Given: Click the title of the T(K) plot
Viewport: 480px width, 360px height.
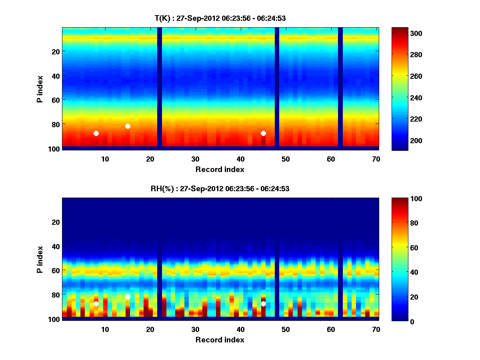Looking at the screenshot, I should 220,18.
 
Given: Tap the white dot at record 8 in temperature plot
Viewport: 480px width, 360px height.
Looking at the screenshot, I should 96,133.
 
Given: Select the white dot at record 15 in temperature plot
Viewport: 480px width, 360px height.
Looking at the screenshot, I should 128,126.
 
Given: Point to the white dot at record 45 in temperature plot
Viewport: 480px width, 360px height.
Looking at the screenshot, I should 263,133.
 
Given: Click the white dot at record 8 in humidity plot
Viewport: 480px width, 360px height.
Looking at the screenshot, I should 96,304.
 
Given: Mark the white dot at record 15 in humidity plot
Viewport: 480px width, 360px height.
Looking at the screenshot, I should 128,296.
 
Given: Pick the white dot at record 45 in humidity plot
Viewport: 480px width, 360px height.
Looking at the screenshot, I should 263,304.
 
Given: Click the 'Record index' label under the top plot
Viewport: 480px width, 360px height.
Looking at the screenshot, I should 220,169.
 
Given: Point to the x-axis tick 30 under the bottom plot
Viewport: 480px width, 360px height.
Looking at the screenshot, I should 195,329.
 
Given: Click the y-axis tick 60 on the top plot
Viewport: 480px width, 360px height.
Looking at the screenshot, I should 55,100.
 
